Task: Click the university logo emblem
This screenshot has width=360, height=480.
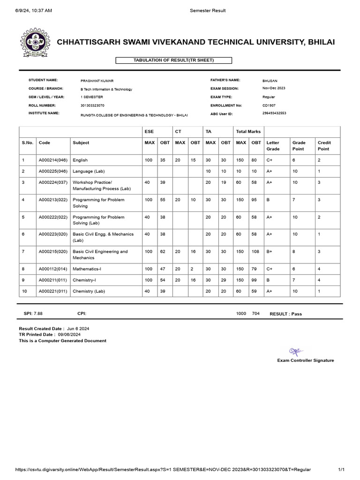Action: pyautogui.click(x=33, y=43)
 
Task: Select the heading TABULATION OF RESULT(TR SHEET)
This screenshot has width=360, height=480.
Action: pyautogui.click(x=167, y=60)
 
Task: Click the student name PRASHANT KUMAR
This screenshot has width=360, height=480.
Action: pyautogui.click(x=97, y=81)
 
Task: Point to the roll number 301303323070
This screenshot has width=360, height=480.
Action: pyautogui.click(x=92, y=105)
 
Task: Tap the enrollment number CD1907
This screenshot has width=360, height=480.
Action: pyautogui.click(x=269, y=105)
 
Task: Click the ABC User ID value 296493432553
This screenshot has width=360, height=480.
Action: pyautogui.click(x=274, y=113)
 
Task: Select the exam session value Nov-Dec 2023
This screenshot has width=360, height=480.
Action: pyautogui.click(x=274, y=89)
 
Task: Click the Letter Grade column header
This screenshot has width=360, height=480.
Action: pyautogui.click(x=273, y=146)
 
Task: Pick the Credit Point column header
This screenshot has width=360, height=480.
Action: pyautogui.click(x=324, y=146)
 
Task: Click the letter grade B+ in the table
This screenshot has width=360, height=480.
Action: pyautogui.click(x=270, y=252)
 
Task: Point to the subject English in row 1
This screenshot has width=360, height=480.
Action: pyautogui.click(x=80, y=160)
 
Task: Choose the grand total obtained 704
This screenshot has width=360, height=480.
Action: pyautogui.click(x=255, y=314)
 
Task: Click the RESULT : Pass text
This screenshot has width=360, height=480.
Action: pyautogui.click(x=285, y=314)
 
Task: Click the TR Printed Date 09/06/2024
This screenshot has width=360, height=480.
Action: pyautogui.click(x=69, y=335)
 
